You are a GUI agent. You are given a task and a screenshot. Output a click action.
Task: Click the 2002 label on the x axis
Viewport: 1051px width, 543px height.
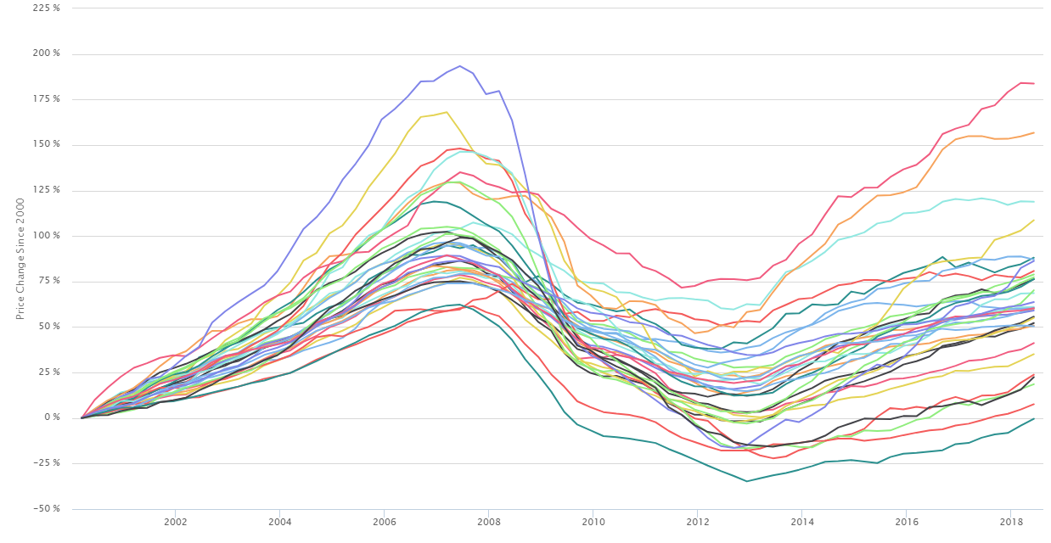click(x=175, y=520)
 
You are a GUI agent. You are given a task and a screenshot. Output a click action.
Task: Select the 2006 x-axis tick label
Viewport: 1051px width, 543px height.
click(x=384, y=520)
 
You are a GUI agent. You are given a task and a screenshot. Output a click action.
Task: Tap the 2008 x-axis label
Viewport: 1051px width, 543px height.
click(x=488, y=520)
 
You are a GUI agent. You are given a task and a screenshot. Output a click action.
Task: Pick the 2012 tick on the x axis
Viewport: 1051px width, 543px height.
click(x=697, y=520)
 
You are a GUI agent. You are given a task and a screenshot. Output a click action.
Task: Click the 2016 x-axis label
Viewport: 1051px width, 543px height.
click(x=906, y=520)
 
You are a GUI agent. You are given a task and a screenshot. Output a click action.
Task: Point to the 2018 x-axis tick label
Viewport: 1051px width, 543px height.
click(x=1010, y=520)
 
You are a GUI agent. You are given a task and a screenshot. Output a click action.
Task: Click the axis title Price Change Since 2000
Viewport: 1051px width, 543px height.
click(x=20, y=258)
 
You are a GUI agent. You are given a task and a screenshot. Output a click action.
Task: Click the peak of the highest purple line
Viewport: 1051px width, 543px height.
click(x=459, y=65)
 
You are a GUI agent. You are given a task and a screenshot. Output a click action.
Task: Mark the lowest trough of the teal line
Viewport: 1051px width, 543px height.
click(x=747, y=481)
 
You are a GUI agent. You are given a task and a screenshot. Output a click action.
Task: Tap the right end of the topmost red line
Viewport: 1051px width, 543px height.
click(x=1033, y=83)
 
